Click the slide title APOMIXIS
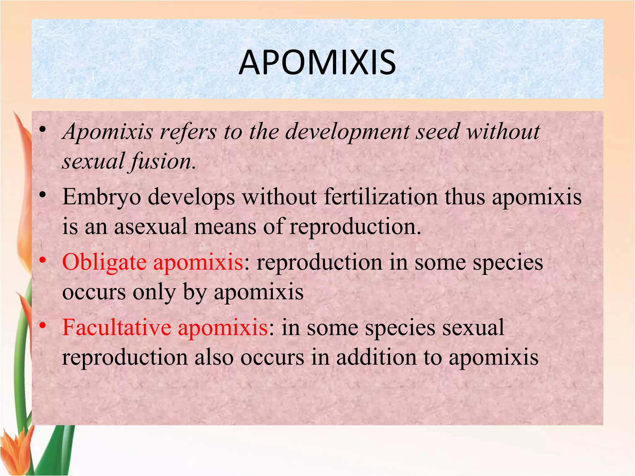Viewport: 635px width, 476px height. (317, 63)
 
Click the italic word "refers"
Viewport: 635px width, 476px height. (188, 132)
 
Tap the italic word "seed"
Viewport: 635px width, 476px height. (437, 131)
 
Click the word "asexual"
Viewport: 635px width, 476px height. (151, 226)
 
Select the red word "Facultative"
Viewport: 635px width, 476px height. (117, 327)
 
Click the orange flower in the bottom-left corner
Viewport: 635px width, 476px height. (16, 446)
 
